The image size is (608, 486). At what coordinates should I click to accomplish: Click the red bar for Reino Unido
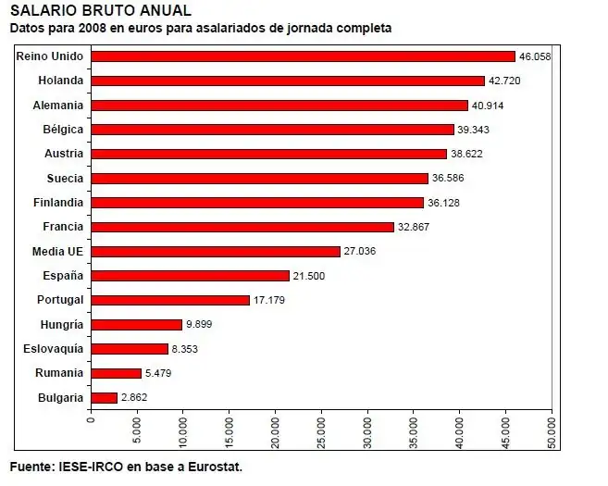coord(303,56)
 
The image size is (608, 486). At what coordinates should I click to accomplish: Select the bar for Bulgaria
coord(104,398)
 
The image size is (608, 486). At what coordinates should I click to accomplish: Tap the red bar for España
coord(190,276)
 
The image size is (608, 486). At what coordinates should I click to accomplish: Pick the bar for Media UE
coord(215,251)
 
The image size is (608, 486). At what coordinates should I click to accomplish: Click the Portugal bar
coord(169,300)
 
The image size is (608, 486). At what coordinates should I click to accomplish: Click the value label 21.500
coord(309,276)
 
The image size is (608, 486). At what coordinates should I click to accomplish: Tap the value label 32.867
coord(414,227)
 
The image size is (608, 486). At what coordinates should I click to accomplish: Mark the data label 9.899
coord(202,325)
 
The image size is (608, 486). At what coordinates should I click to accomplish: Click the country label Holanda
coord(61,81)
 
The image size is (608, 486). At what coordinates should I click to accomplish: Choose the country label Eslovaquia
coord(53,349)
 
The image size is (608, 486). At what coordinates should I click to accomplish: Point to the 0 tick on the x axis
coord(91,418)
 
